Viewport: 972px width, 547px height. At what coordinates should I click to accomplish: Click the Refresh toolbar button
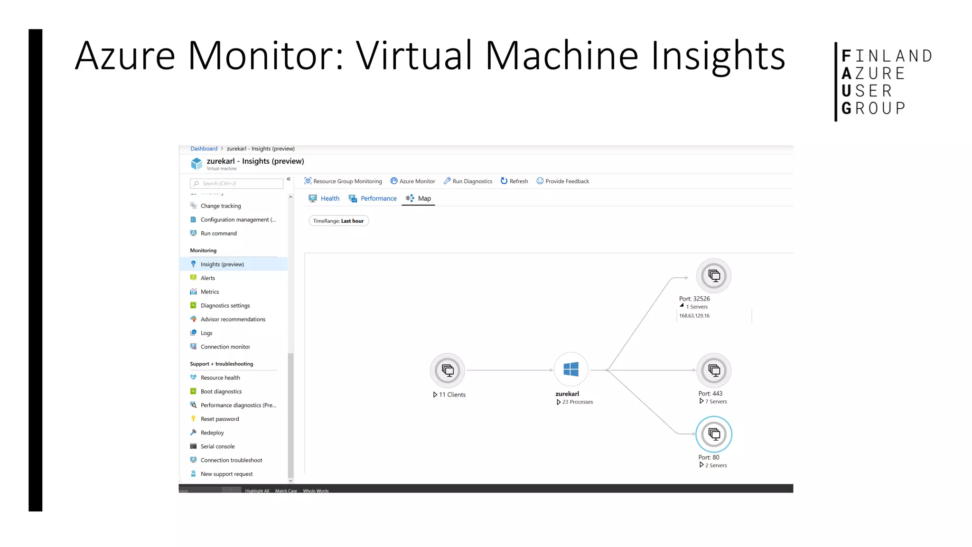tap(514, 181)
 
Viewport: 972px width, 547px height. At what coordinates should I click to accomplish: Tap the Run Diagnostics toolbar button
tap(468, 181)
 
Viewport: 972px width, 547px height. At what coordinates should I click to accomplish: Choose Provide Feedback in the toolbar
tap(563, 181)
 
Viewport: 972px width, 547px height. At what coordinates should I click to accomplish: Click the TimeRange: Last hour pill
tap(338, 221)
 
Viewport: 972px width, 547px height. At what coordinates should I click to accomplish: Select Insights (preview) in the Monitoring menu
tap(222, 264)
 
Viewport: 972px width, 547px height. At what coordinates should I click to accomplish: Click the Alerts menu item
tap(208, 278)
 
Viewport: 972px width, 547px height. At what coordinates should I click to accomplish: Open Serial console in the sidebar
tap(217, 446)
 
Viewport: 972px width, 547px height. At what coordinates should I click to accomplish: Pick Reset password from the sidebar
tap(220, 419)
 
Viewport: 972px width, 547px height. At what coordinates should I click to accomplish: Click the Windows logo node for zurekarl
tap(571, 369)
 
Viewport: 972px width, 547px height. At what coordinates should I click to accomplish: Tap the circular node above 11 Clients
tap(448, 370)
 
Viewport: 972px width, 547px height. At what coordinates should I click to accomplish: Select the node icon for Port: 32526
tap(714, 276)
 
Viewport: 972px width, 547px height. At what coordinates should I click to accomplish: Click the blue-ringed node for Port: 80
tap(714, 434)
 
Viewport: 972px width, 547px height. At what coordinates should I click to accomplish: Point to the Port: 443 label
tap(710, 394)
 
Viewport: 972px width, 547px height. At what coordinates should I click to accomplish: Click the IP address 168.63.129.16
tap(694, 316)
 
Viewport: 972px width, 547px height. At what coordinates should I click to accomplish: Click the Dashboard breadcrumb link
tap(204, 149)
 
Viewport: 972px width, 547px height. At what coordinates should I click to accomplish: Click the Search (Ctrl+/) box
tap(237, 184)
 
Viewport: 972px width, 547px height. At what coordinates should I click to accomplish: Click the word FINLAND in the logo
tap(887, 56)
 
